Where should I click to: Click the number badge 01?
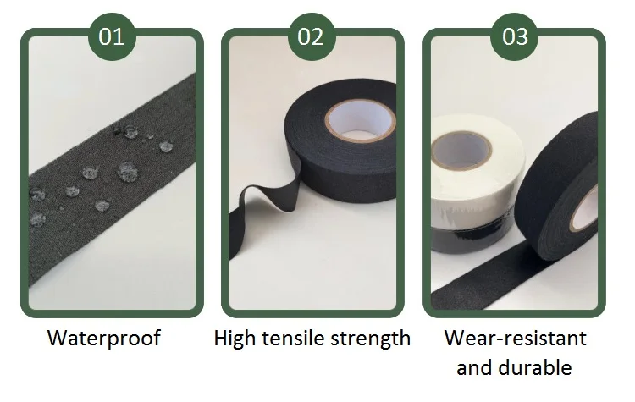coord(112,37)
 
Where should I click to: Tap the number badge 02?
coord(312,37)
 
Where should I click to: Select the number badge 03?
coord(515,37)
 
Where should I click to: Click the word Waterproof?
coord(103,339)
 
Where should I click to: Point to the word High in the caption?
coord(235,339)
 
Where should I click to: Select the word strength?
coord(368,339)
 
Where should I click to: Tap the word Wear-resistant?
coord(515,339)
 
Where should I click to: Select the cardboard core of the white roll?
coord(462,150)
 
